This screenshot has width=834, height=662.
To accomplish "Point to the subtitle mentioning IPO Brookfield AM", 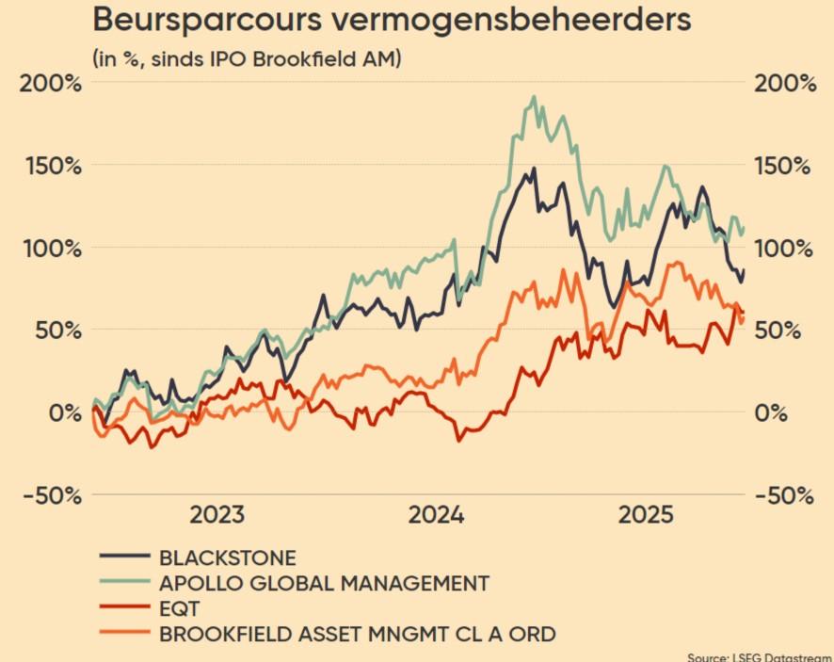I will [247, 58].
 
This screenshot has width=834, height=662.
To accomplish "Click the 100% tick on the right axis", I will [785, 249].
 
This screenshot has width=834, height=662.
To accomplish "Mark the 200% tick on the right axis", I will [785, 83].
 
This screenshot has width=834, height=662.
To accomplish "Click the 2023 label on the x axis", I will [217, 515].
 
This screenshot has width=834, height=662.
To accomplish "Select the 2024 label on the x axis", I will [436, 515].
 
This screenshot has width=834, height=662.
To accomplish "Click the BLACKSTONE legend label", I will [227, 557].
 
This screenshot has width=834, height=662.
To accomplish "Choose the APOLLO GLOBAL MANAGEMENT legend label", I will [324, 583].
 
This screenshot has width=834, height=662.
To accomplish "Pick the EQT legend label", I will [180, 608].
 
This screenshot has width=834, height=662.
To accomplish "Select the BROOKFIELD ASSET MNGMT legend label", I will [357, 634].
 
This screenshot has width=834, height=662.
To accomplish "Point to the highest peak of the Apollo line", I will [534, 97].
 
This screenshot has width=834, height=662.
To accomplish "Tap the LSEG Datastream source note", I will [760, 656].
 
